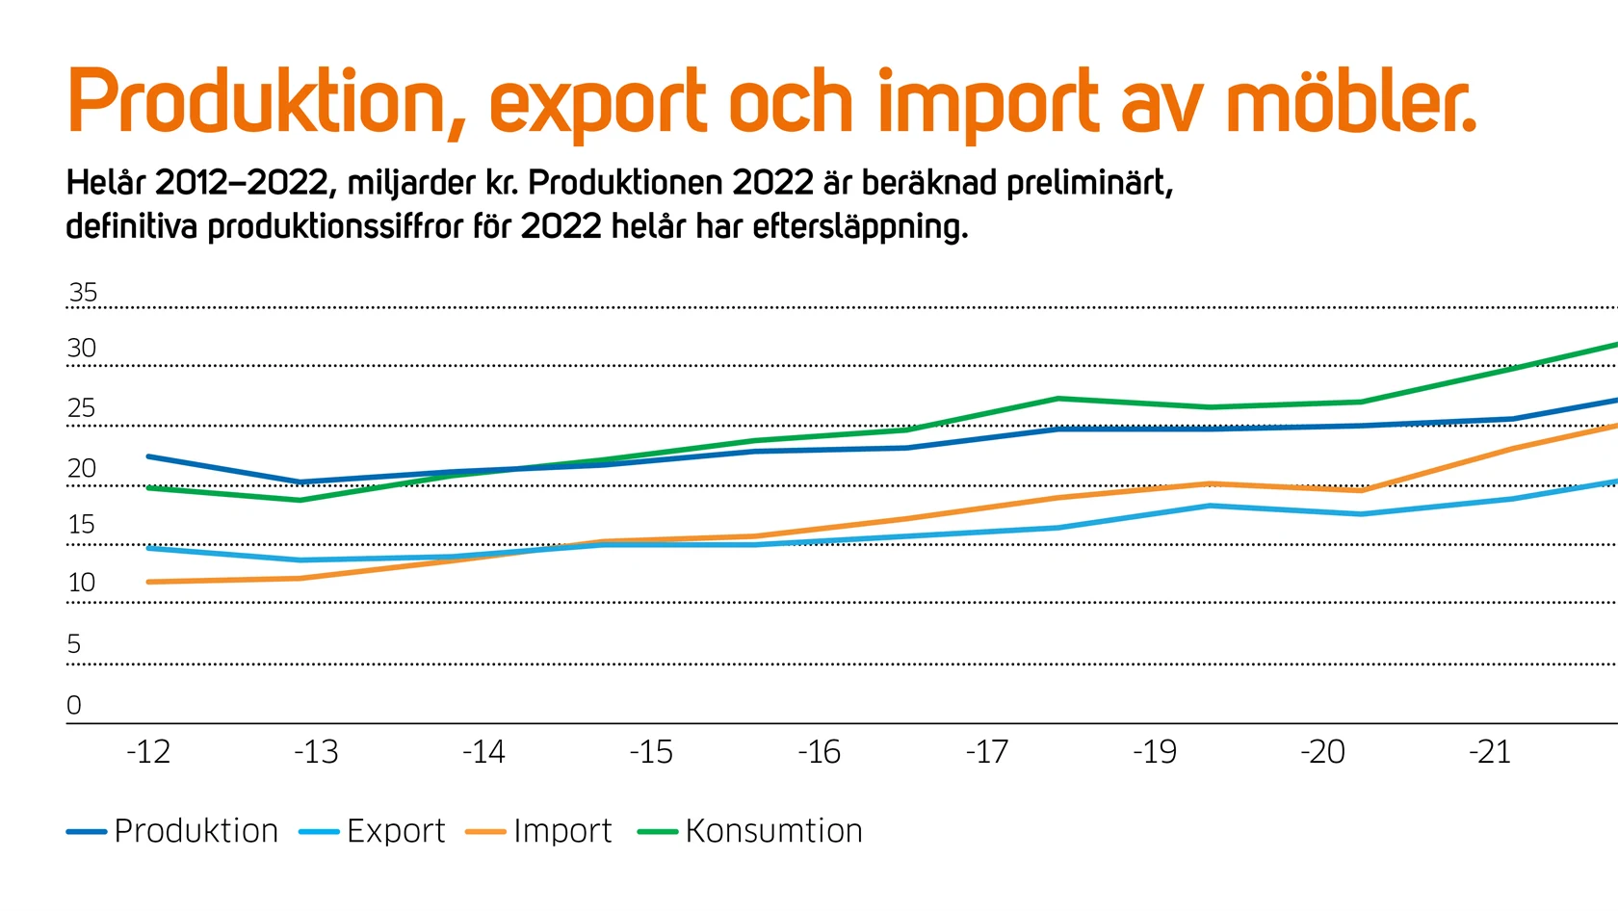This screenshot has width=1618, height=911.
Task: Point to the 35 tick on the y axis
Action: pos(84,293)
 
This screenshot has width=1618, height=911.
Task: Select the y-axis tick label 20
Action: pos(82,469)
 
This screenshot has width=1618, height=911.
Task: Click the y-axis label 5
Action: pos(74,644)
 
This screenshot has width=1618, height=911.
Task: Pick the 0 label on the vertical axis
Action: pos(74,706)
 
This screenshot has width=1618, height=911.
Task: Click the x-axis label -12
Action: pos(148,752)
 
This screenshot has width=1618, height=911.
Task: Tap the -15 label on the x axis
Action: pos(651,752)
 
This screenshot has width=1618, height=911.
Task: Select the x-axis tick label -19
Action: pos(1155,752)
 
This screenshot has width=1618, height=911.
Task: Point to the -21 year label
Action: pos(1490,752)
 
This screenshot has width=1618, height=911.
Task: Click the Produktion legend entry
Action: pos(196,831)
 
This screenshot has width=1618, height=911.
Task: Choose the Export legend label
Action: pos(396,831)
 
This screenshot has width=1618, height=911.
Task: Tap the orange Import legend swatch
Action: pos(485,832)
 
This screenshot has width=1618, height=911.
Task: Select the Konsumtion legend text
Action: pos(773,831)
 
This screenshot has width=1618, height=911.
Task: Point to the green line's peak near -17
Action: pos(1057,399)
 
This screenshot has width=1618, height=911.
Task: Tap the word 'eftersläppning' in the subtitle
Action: pos(860,227)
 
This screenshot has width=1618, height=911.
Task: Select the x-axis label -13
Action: pos(316,752)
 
